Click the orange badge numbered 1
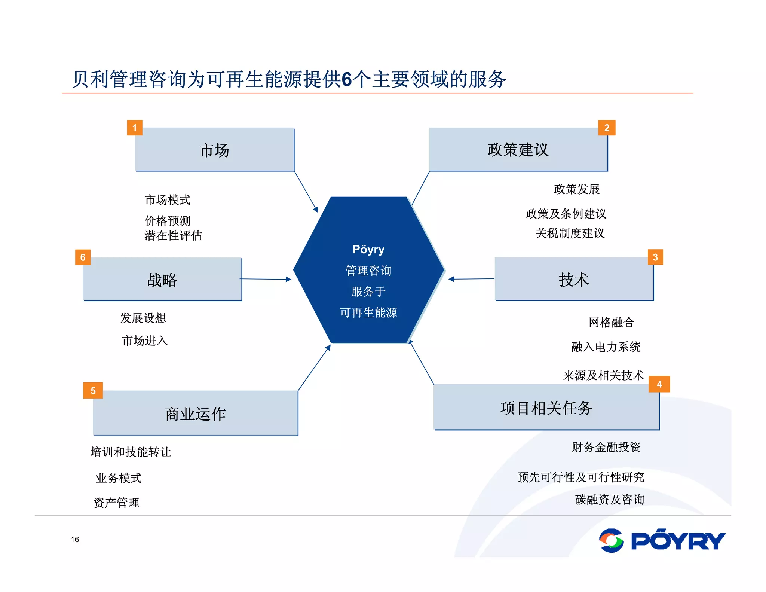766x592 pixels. (x=135, y=128)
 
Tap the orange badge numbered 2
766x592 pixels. (x=607, y=128)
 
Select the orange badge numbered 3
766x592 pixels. (x=655, y=257)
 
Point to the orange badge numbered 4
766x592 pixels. (x=659, y=384)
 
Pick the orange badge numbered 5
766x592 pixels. (x=93, y=390)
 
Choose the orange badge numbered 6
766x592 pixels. (x=83, y=257)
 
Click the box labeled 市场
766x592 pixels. (x=215, y=150)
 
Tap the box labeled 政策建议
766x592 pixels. (x=518, y=150)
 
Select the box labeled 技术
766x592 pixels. (x=574, y=279)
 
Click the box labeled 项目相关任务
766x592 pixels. (x=546, y=408)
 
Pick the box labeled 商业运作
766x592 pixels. (x=195, y=414)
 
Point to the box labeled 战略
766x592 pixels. (x=162, y=279)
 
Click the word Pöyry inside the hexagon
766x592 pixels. (x=368, y=249)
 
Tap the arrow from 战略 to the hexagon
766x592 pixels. (x=266, y=279)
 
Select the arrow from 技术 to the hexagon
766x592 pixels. (x=471, y=279)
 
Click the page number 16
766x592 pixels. (x=75, y=539)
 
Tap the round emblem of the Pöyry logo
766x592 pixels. (x=611, y=540)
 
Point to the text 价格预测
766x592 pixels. (x=168, y=220)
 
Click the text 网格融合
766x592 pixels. (x=611, y=322)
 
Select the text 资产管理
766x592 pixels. (x=117, y=503)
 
